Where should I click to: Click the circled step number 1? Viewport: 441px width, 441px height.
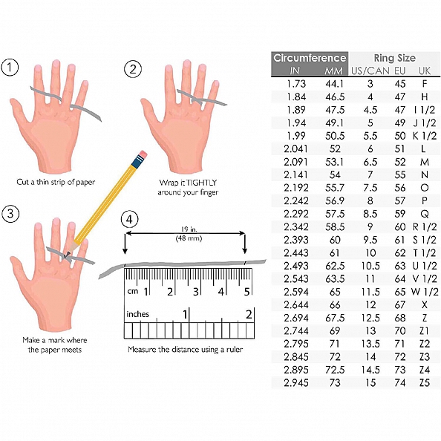(x=10, y=68)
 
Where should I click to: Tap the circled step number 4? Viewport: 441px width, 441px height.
(x=129, y=220)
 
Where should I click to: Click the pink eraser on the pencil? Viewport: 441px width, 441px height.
(x=143, y=154)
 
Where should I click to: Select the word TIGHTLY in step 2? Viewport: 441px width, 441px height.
(x=201, y=183)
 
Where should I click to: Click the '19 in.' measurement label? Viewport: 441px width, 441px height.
(x=189, y=229)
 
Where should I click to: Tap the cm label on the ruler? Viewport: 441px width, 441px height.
(x=132, y=291)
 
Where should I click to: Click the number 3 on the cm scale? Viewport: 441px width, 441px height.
(x=196, y=292)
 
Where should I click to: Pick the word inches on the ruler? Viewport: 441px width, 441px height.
(x=137, y=314)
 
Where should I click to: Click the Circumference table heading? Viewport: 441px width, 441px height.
(x=310, y=58)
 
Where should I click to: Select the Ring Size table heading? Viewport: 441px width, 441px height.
(x=394, y=58)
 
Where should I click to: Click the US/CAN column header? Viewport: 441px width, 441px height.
(x=370, y=71)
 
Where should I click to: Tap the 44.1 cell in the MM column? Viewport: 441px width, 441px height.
(x=335, y=84)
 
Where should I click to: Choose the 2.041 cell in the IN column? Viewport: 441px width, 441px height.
(x=295, y=148)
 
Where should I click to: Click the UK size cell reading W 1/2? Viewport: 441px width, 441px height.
(x=425, y=292)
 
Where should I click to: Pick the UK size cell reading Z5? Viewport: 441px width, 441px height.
(x=425, y=383)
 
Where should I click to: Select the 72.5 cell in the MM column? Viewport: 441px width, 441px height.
(x=335, y=370)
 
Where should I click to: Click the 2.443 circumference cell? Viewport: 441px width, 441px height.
(x=295, y=253)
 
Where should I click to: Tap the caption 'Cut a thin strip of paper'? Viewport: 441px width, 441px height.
(x=56, y=182)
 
